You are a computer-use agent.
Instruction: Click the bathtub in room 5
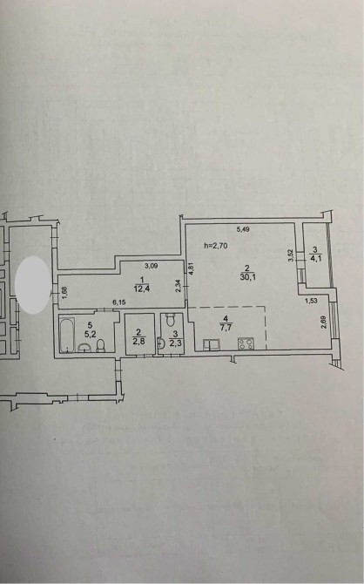(x=67, y=335)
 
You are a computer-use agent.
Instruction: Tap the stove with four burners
(x=246, y=343)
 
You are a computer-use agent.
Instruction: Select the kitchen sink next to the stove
(x=211, y=344)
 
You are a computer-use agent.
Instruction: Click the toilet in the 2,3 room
(x=171, y=320)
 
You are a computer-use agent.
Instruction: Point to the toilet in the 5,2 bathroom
(x=100, y=345)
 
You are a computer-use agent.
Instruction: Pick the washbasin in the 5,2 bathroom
(x=85, y=348)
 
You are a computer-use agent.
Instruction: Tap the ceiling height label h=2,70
(x=216, y=246)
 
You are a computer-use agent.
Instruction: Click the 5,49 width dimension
(x=243, y=229)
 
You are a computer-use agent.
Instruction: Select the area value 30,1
(x=246, y=276)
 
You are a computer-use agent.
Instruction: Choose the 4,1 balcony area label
(x=315, y=257)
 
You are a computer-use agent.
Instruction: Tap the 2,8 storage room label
(x=138, y=342)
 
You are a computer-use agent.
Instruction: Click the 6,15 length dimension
(x=118, y=302)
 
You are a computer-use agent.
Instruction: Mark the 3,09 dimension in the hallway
(x=151, y=266)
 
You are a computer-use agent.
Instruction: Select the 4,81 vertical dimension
(x=192, y=268)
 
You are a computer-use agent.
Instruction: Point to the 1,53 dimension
(x=311, y=301)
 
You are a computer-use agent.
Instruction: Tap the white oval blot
(x=33, y=284)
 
